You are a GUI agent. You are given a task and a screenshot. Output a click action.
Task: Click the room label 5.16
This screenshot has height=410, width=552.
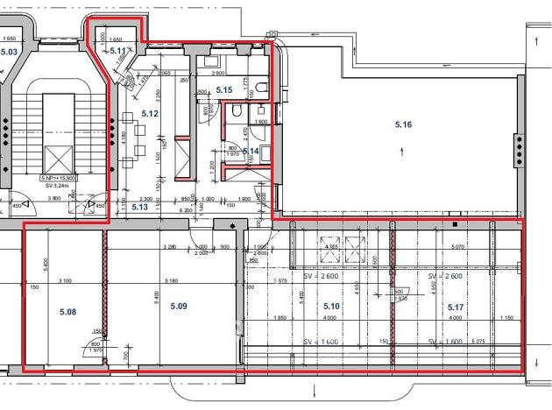403,125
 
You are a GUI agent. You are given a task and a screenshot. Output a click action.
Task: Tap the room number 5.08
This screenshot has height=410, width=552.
68,311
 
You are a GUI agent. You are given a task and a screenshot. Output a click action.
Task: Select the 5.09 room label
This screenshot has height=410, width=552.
179,306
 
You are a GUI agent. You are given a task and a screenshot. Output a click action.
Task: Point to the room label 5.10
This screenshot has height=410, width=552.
331,306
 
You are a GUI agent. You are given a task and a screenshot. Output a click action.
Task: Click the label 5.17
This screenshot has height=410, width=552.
455,307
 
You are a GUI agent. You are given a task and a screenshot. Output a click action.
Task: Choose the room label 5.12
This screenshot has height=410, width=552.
150,114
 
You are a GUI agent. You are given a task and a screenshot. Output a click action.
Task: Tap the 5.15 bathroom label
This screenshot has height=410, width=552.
223,90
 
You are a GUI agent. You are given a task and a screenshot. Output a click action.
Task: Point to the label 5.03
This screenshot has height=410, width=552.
10,52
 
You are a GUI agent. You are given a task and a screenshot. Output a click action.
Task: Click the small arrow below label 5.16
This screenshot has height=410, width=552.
402,151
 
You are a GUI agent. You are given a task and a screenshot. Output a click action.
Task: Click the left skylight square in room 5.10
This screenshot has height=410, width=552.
357,252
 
